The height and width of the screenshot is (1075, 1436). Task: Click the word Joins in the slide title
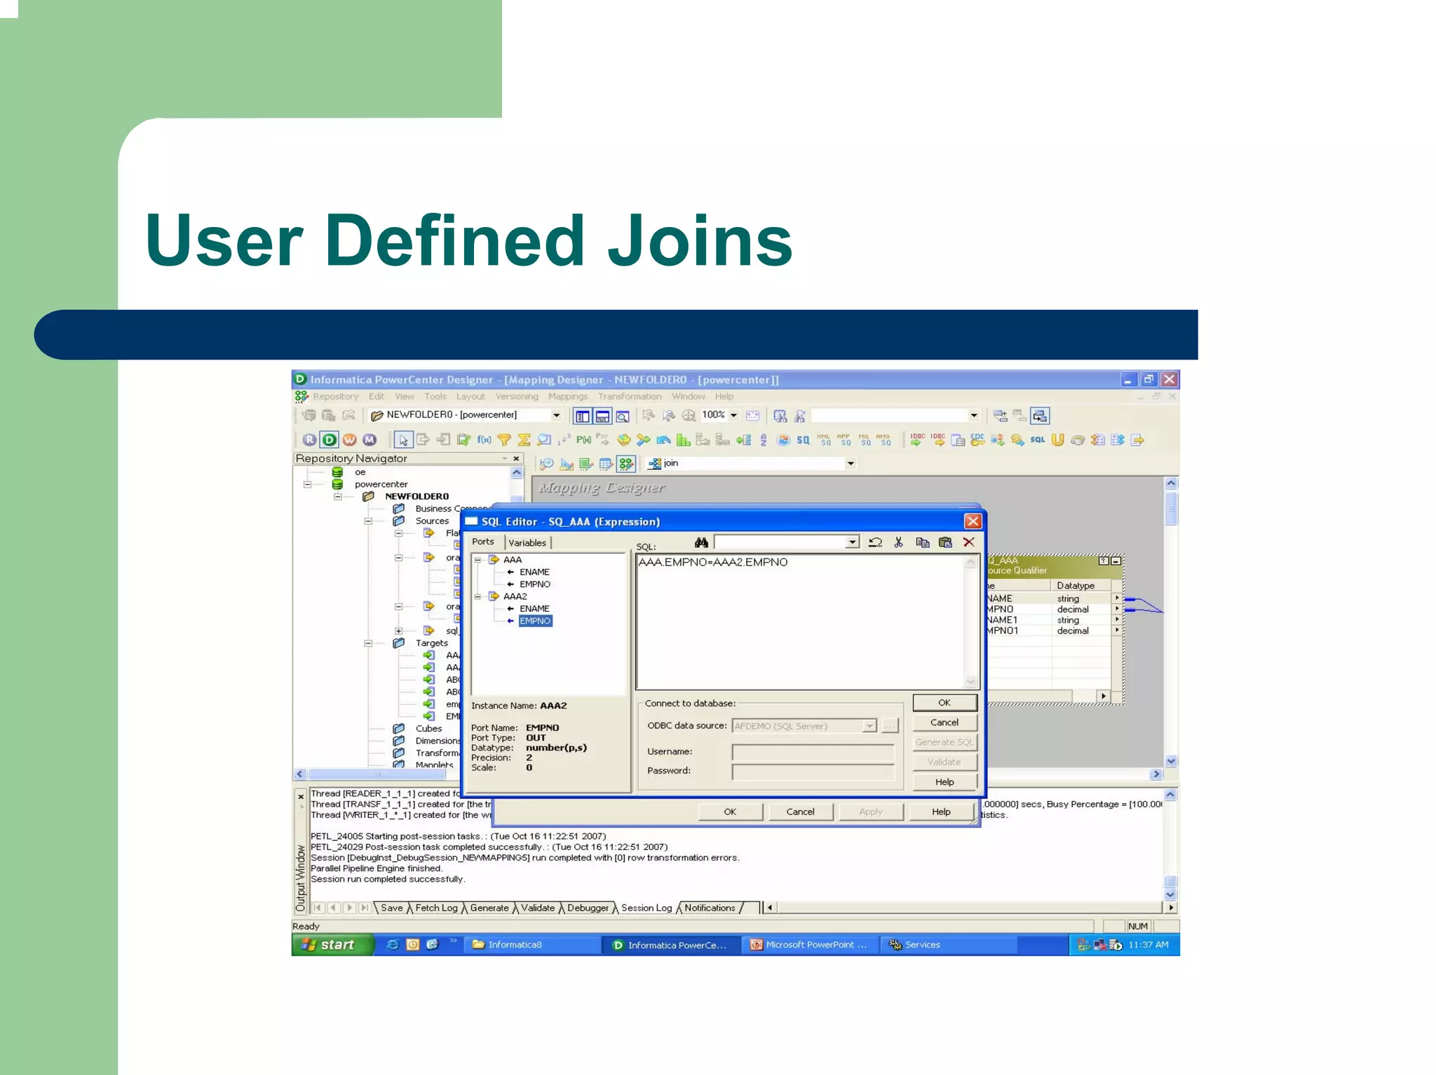click(699, 242)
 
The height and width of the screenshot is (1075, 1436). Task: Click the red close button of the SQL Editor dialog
click(972, 521)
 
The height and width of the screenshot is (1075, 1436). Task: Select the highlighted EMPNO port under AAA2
click(535, 621)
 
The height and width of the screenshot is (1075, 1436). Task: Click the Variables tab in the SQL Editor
click(527, 542)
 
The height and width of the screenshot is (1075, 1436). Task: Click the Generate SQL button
click(944, 742)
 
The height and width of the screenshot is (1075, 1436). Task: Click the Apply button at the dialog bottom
click(870, 812)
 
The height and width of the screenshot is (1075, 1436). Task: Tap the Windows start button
click(330, 945)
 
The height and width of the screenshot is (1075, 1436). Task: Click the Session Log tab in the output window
click(646, 908)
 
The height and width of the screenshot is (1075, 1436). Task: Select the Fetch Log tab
click(436, 908)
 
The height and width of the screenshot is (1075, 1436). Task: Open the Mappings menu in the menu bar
click(567, 397)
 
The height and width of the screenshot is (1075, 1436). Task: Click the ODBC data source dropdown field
click(803, 726)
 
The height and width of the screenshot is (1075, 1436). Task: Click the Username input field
click(812, 752)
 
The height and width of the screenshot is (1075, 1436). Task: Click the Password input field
click(812, 771)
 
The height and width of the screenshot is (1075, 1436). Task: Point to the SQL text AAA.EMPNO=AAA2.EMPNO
click(712, 562)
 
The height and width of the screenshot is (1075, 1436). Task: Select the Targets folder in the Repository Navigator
click(431, 643)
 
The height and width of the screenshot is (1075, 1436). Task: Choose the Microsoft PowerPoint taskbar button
click(810, 945)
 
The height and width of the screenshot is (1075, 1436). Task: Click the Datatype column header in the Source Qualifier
click(1075, 586)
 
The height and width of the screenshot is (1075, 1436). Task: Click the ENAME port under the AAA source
click(534, 572)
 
